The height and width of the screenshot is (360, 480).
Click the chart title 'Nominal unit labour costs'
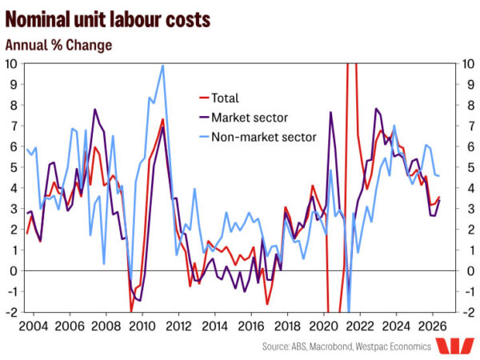[x=108, y=19]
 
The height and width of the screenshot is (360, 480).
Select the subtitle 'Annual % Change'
[x=58, y=46]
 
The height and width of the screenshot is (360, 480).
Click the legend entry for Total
[x=218, y=98]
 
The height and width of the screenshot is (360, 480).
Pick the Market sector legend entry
[x=243, y=118]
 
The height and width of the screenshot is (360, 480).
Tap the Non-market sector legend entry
[x=258, y=137]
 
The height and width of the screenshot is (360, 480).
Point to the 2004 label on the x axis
[x=34, y=326]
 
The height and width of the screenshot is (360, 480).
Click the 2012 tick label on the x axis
[x=178, y=326]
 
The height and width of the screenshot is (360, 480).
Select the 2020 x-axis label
[x=323, y=326]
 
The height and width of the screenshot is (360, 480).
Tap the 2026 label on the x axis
[x=432, y=326]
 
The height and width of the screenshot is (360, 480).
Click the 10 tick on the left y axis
[x=11, y=64]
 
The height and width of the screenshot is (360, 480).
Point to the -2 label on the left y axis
[x=11, y=312]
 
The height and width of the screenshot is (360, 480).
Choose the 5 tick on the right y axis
[x=471, y=167]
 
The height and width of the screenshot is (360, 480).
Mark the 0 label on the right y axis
[x=471, y=271]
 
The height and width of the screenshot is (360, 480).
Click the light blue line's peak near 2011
[x=163, y=66]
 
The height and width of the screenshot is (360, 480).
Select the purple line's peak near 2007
[x=95, y=110]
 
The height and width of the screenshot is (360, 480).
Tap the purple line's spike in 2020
[x=331, y=112]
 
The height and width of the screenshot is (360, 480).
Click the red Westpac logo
[x=454, y=346]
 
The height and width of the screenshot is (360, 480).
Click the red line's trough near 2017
[x=267, y=304]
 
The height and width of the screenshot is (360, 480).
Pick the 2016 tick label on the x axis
[x=251, y=326]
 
